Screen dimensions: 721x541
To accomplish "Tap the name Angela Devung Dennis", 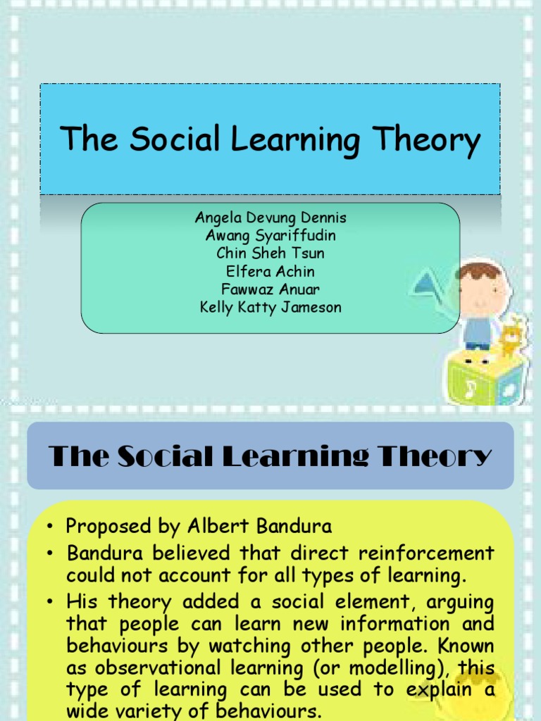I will [x=270, y=218].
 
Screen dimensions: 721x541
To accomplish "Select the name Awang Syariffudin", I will [x=270, y=236].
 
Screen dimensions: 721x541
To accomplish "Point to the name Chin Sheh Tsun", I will [x=270, y=253].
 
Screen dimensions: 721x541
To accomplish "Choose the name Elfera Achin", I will [x=270, y=272].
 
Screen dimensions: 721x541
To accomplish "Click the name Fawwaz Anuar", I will [x=270, y=289].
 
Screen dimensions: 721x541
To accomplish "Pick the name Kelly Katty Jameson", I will [x=270, y=308].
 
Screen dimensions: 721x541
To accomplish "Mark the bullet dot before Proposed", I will [x=51, y=527].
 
